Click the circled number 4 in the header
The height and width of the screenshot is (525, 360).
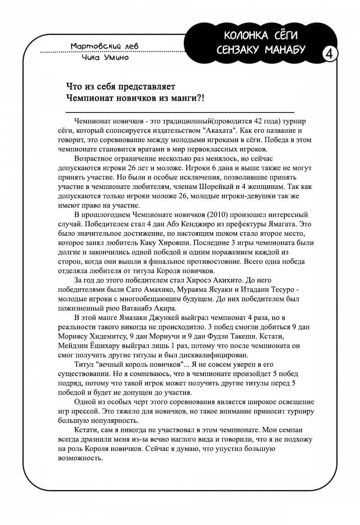click(329, 54)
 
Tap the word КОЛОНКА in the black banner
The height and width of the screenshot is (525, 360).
click(243, 35)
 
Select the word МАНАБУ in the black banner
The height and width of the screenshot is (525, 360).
click(285, 49)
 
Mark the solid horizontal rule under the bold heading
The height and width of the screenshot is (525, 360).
click(180, 112)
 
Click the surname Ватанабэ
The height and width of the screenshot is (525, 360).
click(132, 308)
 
